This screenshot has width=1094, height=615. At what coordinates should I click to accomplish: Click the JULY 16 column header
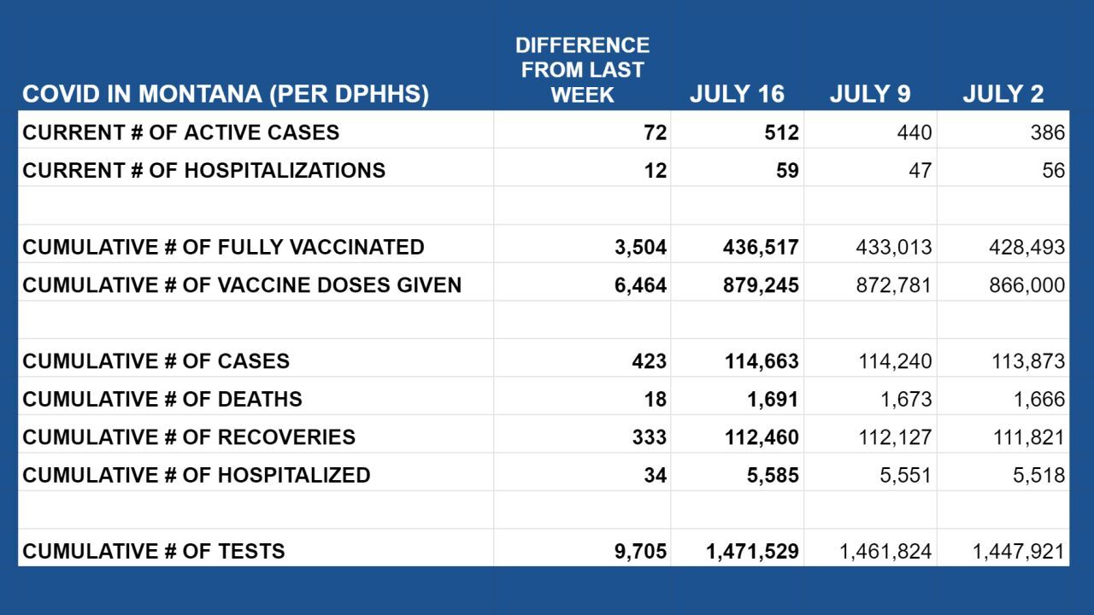tap(736, 94)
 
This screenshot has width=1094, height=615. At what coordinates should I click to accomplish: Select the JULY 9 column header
tap(870, 94)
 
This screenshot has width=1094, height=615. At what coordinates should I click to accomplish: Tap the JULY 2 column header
tap(1003, 94)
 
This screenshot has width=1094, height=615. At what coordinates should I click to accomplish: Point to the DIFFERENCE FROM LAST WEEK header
tap(582, 70)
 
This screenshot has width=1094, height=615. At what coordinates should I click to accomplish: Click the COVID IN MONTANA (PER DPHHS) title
tap(226, 94)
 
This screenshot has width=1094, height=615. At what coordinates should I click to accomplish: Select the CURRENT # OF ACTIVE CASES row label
tap(180, 132)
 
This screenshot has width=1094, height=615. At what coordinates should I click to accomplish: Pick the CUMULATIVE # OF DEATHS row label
tap(162, 399)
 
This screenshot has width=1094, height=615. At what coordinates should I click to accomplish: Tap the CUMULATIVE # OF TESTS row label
tap(154, 551)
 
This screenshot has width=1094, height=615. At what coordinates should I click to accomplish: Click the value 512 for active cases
tap(782, 132)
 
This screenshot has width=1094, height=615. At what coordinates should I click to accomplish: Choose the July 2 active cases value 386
tap(1048, 132)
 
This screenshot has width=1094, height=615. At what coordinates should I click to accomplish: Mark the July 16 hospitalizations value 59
tap(787, 171)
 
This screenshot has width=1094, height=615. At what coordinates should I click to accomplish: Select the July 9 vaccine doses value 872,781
tap(894, 285)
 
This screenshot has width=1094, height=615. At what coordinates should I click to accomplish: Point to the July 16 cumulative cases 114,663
tap(761, 361)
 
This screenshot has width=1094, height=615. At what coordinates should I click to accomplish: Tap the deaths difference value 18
tap(655, 399)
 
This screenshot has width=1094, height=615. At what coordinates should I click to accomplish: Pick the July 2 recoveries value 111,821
tap(1028, 437)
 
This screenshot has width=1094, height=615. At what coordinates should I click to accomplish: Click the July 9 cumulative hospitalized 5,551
tap(906, 475)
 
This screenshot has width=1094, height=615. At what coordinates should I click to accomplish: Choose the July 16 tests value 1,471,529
tap(752, 551)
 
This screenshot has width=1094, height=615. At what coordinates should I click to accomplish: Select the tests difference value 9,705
tap(640, 551)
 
